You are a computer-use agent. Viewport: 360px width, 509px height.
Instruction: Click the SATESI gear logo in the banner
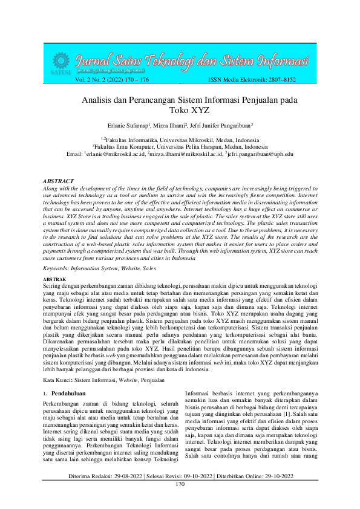coord(61,62)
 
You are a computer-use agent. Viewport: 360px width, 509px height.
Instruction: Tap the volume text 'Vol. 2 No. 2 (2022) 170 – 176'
coord(112,79)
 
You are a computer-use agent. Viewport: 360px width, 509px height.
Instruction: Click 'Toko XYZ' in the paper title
coord(180,111)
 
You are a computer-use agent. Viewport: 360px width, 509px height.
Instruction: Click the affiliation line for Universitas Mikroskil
coord(180,140)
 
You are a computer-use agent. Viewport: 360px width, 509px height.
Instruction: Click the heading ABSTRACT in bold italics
coord(59,181)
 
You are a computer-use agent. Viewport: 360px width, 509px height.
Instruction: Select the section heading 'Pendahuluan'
coord(71,376)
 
